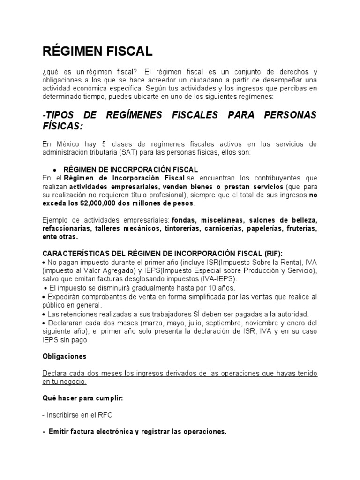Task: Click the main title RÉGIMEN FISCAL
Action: (97, 51)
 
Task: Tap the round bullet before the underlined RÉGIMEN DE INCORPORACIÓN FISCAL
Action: (55, 170)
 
